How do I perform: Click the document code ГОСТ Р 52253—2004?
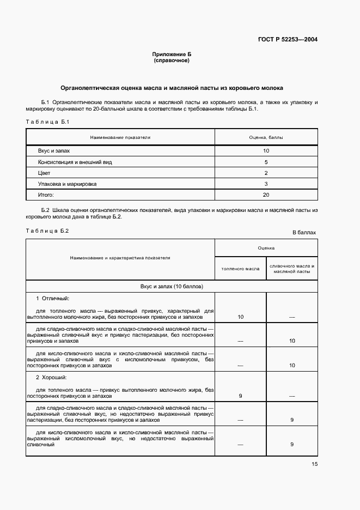[x=288, y=40]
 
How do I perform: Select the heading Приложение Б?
[x=172, y=55]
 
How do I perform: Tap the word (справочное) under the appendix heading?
[x=172, y=61]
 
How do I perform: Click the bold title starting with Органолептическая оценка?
[x=172, y=88]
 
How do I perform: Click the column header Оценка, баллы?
[x=266, y=137]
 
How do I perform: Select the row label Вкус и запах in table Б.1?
[x=54, y=150]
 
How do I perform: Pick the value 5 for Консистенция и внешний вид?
[x=266, y=162]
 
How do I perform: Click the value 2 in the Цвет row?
[x=266, y=173]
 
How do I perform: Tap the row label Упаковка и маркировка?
[x=68, y=184]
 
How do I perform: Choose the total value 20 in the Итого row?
[x=266, y=195]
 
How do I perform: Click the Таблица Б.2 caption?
[x=47, y=231]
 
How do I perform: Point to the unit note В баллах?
[x=304, y=233]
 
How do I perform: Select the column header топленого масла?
[x=240, y=269]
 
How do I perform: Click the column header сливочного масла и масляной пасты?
[x=292, y=269]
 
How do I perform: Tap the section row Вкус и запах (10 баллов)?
[x=172, y=286]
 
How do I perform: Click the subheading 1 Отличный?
[x=53, y=299]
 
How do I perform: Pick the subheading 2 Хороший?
[x=52, y=377]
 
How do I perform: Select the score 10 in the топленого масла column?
[x=240, y=317]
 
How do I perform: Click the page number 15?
[x=315, y=465]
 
